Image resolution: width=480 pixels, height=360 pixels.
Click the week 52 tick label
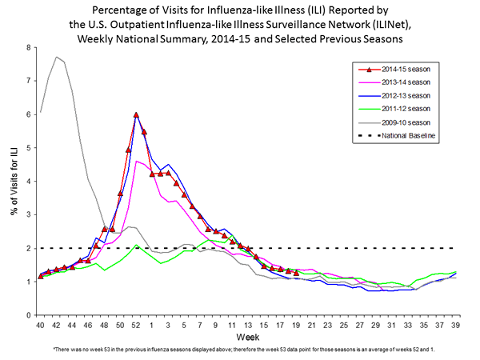point(136,326)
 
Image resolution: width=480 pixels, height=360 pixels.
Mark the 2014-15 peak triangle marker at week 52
point(136,115)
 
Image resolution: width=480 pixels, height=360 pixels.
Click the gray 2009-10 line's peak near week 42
point(56,57)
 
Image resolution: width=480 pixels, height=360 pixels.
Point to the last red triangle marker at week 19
point(296,273)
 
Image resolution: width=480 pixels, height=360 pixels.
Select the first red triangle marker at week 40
point(40,277)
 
